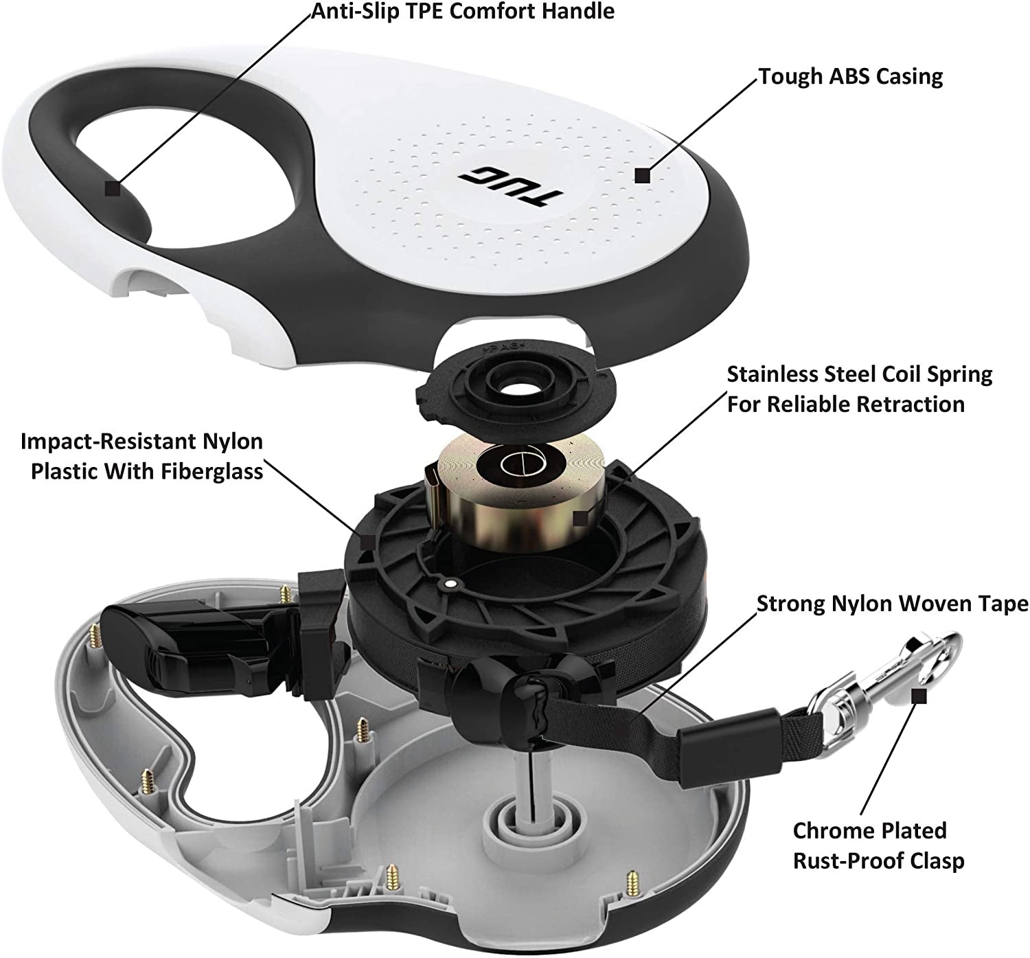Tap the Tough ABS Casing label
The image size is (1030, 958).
pyautogui.click(x=850, y=76)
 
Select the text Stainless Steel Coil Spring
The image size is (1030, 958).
pyautogui.click(x=859, y=375)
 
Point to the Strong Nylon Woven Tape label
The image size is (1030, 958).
pyautogui.click(x=892, y=604)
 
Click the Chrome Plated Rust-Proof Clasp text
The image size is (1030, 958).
pyautogui.click(x=878, y=845)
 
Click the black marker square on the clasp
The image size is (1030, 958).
pyautogui.click(x=919, y=696)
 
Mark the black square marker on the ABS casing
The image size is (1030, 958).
pyautogui.click(x=642, y=176)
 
